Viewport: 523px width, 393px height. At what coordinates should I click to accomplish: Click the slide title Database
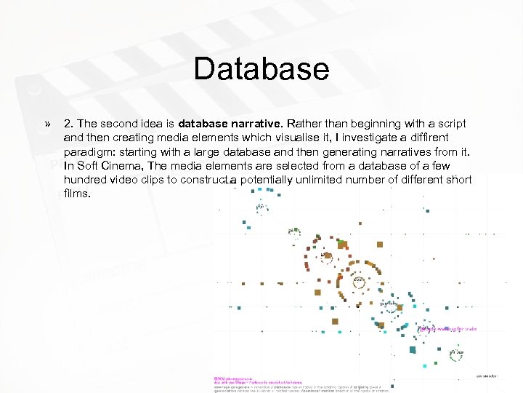pos(261,70)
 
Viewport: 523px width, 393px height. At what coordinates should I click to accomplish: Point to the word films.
pos(77,194)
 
